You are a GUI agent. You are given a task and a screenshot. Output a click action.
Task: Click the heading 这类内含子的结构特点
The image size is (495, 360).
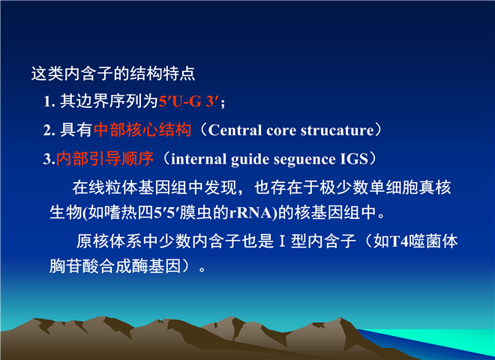[x=113, y=73]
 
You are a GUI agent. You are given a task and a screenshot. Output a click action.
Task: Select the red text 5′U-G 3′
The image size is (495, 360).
[x=188, y=102]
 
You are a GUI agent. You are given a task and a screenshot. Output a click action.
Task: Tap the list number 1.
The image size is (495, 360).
[x=49, y=102]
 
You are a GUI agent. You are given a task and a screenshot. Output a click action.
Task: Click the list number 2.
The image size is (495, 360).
[x=49, y=130]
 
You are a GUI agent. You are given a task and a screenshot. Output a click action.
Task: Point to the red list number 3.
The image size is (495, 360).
[x=49, y=158]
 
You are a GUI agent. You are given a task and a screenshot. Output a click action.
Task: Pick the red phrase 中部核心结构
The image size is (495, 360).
[x=142, y=130]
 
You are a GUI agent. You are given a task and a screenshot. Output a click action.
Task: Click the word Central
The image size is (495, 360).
[x=235, y=130]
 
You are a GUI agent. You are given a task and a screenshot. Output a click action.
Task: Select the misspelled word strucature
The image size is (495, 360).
[x=337, y=130]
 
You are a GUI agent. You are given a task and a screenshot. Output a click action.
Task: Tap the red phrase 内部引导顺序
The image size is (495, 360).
[x=105, y=158]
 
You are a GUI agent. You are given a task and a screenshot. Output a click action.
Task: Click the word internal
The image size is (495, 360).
[x=199, y=159]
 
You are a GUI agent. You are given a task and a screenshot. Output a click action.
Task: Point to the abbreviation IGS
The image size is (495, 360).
[x=354, y=159]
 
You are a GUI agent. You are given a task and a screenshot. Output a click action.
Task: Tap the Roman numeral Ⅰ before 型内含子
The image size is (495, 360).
[x=282, y=241]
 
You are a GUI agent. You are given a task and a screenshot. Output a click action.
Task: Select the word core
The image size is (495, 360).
[x=281, y=130]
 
